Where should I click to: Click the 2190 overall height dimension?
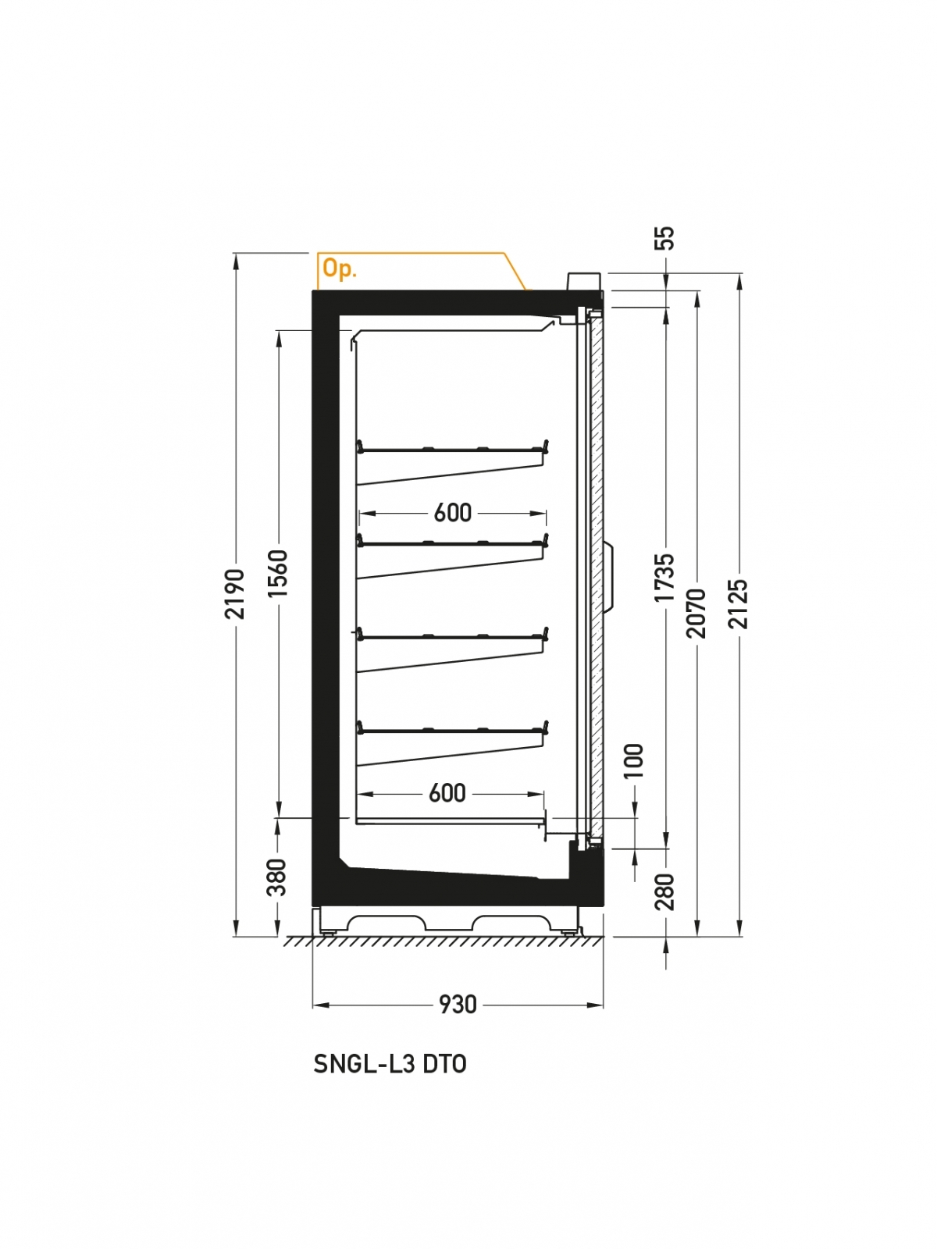click(235, 593)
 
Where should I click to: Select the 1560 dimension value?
click(278, 573)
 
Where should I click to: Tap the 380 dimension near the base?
click(276, 877)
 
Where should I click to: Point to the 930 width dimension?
click(458, 1005)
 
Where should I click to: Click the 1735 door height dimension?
click(664, 577)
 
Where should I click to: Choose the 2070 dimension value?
click(697, 613)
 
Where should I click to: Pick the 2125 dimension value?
click(739, 603)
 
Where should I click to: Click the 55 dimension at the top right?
click(664, 238)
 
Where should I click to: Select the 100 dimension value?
click(633, 760)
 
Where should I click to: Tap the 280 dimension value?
click(664, 891)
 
